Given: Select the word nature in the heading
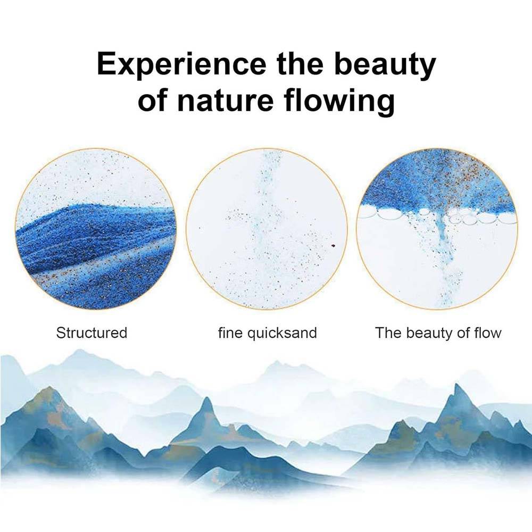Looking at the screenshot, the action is click(225, 100).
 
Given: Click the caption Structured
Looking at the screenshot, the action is click(92, 333).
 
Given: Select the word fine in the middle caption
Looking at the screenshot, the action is click(230, 333).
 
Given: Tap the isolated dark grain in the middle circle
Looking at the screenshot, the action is click(333, 246).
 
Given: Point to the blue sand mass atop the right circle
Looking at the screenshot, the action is click(438, 183).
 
